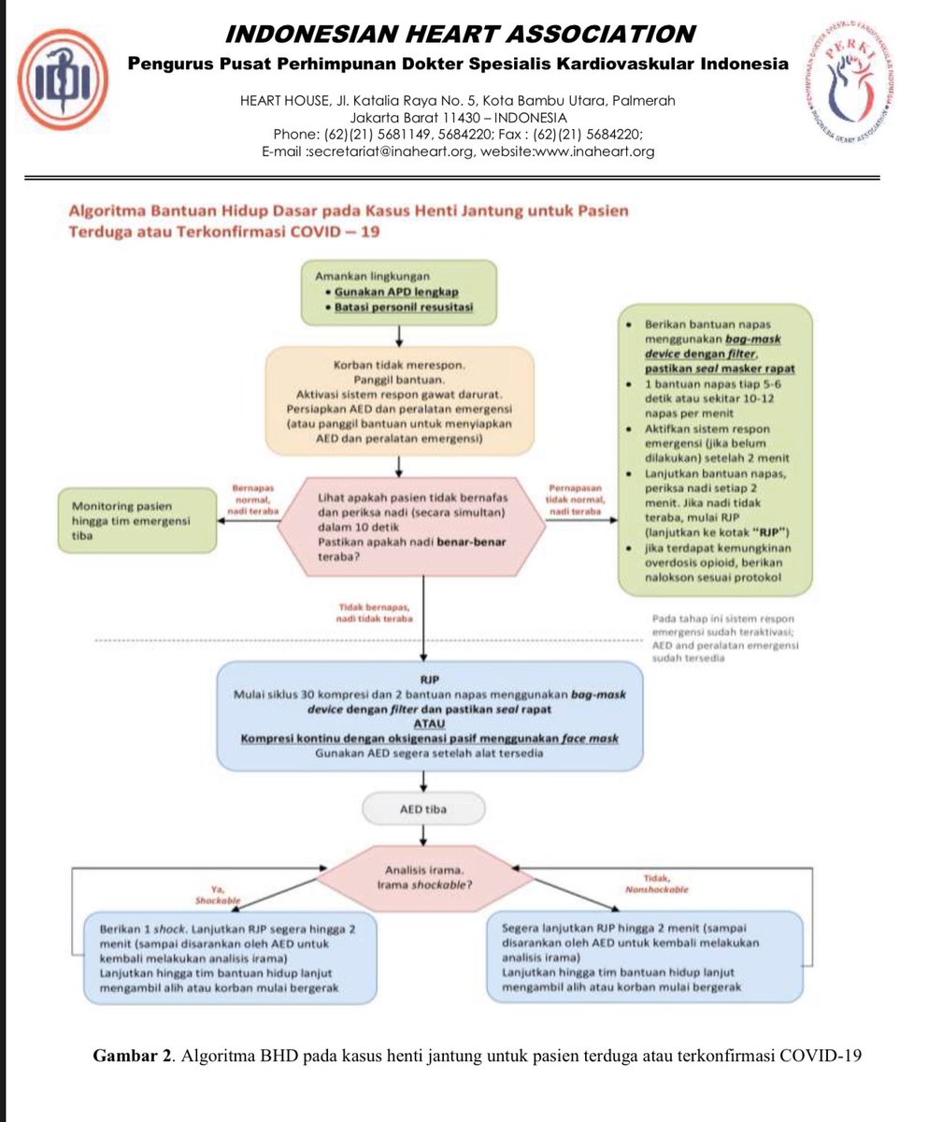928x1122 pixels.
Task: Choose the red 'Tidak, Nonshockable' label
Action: point(654,885)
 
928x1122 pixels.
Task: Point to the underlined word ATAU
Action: point(426,725)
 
